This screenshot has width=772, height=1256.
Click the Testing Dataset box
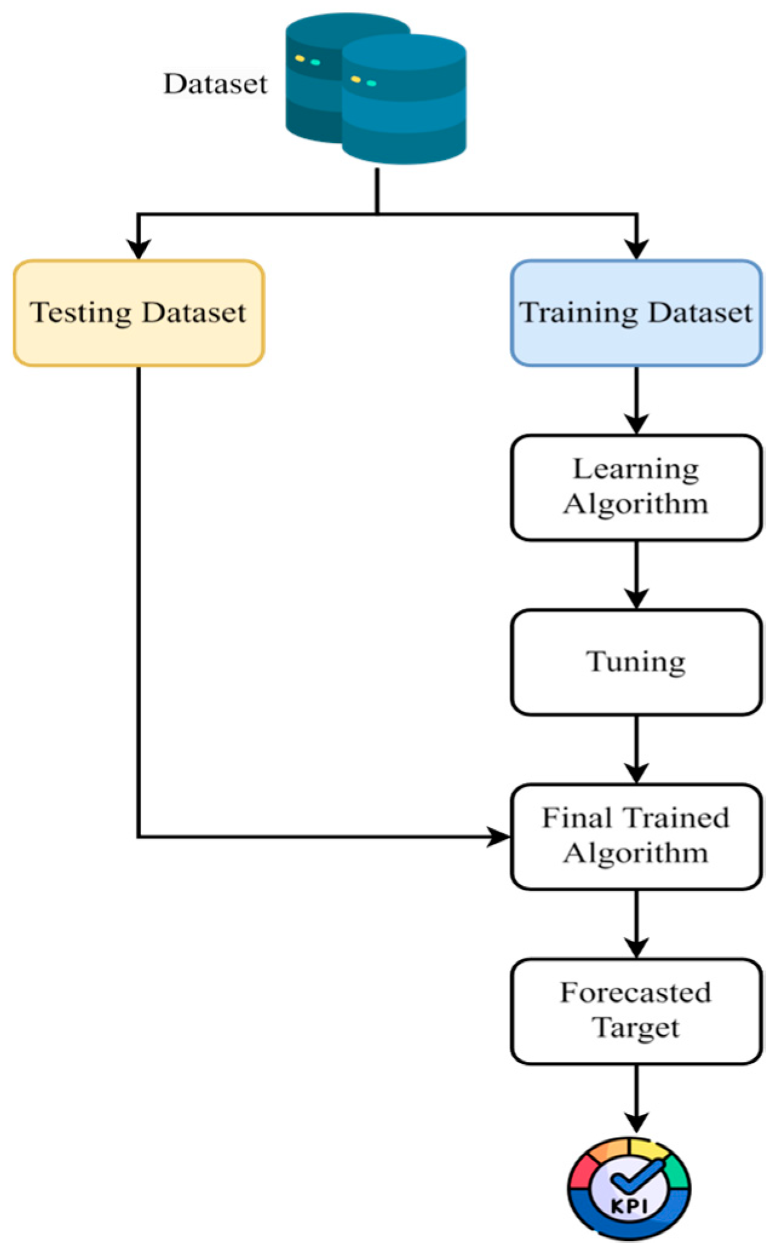click(139, 313)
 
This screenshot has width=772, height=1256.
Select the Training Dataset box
click(636, 313)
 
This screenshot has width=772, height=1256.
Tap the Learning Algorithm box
click(636, 487)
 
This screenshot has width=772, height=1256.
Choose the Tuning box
click(636, 662)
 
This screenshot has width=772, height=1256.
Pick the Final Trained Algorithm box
click(636, 836)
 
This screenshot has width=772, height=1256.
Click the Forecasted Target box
click(636, 1011)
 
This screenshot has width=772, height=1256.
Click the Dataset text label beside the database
click(215, 84)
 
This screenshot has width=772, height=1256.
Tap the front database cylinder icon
click(404, 100)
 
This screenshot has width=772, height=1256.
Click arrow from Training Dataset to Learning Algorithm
click(636, 399)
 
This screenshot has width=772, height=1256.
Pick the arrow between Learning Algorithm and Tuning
click(636, 574)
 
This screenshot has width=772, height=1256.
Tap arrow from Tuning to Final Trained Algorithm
click(636, 749)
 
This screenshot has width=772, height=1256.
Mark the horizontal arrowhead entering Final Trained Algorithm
click(499, 837)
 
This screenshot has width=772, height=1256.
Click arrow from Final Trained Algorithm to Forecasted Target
click(636, 924)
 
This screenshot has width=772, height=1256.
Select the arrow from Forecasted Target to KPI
click(636, 1098)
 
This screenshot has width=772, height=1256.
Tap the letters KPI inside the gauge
click(629, 1206)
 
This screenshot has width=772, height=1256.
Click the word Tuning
click(636, 661)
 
